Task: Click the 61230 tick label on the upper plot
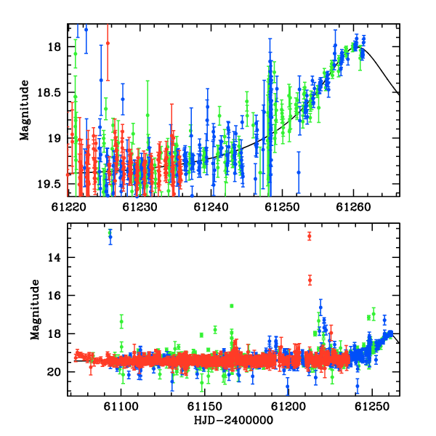click(x=140, y=207)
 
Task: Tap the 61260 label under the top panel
click(x=353, y=207)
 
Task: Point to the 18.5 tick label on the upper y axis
click(x=49, y=92)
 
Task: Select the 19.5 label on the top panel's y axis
click(x=49, y=184)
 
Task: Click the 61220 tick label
click(x=68, y=207)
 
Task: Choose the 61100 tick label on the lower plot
click(x=121, y=406)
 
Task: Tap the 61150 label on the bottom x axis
click(x=205, y=406)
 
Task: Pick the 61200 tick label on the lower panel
click(x=288, y=406)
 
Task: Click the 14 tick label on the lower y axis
click(x=54, y=258)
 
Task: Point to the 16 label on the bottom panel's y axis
click(x=54, y=296)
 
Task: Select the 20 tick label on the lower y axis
click(x=54, y=372)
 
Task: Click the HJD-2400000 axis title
click(x=233, y=420)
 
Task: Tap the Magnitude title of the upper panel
click(x=25, y=110)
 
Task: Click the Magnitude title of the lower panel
click(x=35, y=310)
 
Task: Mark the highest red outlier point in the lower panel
click(x=310, y=236)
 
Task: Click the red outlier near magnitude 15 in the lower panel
click(x=310, y=280)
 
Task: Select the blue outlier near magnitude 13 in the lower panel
click(x=110, y=237)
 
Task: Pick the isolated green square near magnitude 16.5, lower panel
click(x=232, y=306)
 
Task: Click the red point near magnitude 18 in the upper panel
click(x=108, y=43)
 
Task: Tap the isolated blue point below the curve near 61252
click(x=299, y=172)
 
